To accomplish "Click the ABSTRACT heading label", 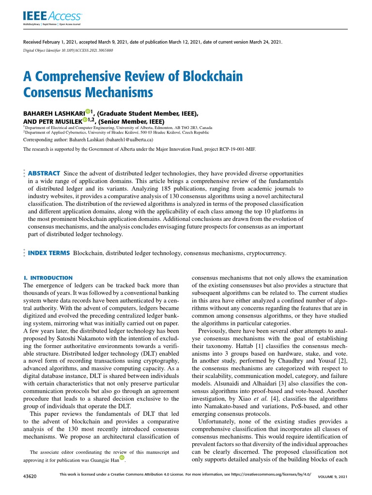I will (44, 173).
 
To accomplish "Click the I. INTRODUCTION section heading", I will (48, 278).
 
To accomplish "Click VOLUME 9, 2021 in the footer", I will (333, 477).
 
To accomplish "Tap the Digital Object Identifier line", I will (68, 50).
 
